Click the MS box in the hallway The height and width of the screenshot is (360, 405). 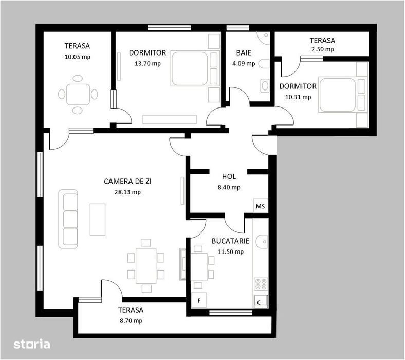(261, 206)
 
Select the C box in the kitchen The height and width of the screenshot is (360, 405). (260, 302)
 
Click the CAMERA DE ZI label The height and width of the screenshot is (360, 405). (127, 181)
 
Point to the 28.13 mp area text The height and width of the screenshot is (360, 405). (127, 192)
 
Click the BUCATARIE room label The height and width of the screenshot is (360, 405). (231, 241)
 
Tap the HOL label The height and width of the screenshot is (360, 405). (229, 176)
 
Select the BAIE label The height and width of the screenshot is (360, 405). (244, 52)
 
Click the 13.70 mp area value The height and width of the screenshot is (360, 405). (148, 64)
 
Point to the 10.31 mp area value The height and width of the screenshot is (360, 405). (298, 97)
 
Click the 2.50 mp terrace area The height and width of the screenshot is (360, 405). (322, 49)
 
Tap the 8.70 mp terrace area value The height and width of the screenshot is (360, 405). (130, 320)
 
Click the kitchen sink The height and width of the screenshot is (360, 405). (261, 240)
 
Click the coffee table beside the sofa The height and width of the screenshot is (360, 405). (98, 218)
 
